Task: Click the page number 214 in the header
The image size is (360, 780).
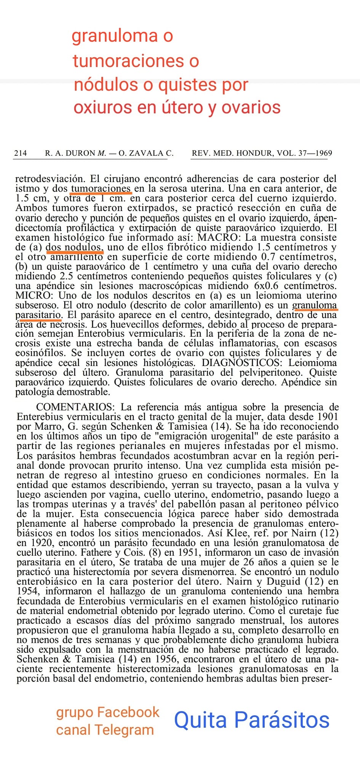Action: [x=21, y=153]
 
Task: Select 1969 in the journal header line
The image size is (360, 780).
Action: [x=324, y=153]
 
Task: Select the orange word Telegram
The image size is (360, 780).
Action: [x=124, y=730]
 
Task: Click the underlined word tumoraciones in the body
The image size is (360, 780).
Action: [x=101, y=189]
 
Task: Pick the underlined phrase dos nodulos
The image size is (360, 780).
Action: [x=74, y=247]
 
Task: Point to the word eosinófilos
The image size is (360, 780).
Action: [x=41, y=353]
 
